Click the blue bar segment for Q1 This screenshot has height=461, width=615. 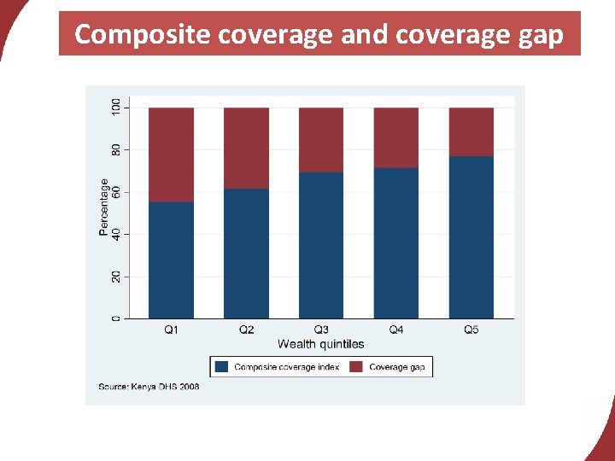[x=171, y=260]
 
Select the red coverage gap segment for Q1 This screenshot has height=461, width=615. [x=171, y=155]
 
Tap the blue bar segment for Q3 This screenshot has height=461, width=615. [x=321, y=246]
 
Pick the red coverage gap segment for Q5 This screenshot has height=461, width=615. [x=471, y=132]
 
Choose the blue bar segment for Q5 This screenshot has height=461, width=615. [x=471, y=237]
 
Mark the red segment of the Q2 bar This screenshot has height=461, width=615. [x=246, y=148]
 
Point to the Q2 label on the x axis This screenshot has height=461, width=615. [x=246, y=330]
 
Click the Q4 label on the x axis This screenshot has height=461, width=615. [x=396, y=330]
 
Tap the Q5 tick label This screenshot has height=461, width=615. [x=471, y=330]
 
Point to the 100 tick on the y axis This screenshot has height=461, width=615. [x=116, y=108]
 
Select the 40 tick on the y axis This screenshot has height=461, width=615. [x=116, y=234]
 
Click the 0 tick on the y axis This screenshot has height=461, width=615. [x=116, y=318]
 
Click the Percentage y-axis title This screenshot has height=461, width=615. [x=104, y=207]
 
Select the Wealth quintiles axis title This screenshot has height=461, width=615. [x=321, y=344]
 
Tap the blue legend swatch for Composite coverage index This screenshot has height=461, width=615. [x=222, y=367]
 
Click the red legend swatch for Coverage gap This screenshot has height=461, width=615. [x=356, y=367]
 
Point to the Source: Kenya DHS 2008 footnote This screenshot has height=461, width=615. [x=149, y=387]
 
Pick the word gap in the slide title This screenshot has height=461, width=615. [x=541, y=35]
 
